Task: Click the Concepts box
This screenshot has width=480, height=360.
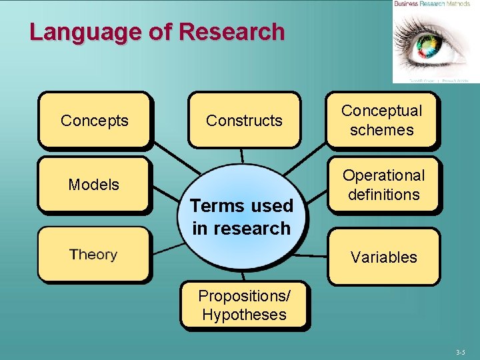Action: pyautogui.click(x=94, y=121)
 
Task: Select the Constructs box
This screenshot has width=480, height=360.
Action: pyautogui.click(x=244, y=121)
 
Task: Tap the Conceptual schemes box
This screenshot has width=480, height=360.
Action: pyautogui.click(x=382, y=120)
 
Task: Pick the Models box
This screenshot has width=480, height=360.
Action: pyautogui.click(x=94, y=185)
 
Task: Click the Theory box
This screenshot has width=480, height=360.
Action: pyautogui.click(x=94, y=255)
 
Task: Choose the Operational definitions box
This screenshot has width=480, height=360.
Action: pyautogui.click(x=383, y=185)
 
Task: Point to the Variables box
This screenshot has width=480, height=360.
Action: pyautogui.click(x=383, y=257)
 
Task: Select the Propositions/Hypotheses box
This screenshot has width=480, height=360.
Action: pyautogui.click(x=244, y=305)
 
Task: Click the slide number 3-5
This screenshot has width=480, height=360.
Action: pyautogui.click(x=461, y=351)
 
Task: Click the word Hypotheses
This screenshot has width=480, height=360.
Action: pyautogui.click(x=244, y=315)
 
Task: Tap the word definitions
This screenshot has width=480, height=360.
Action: pyautogui.click(x=383, y=194)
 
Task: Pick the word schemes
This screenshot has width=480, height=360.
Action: pyautogui.click(x=382, y=129)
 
